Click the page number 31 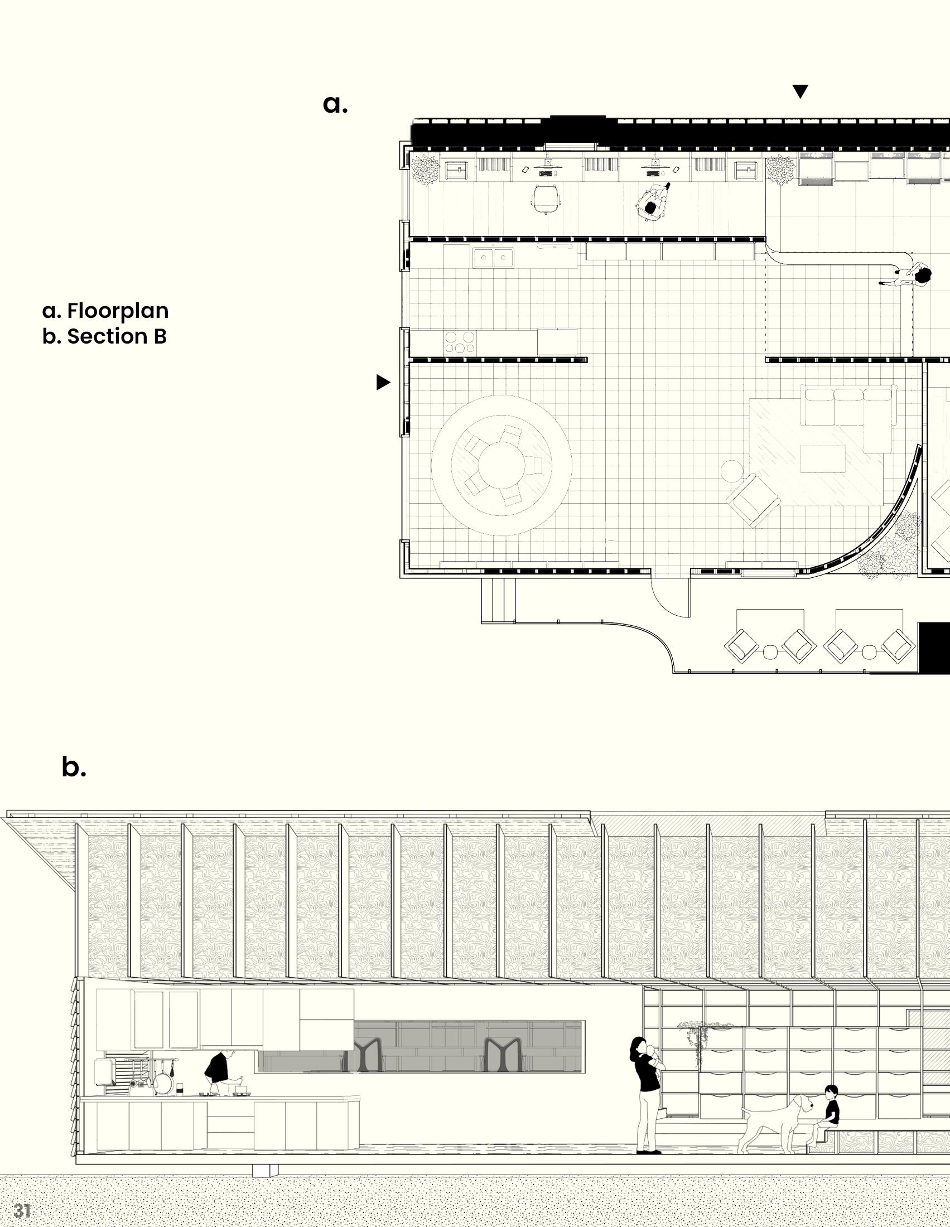22,1210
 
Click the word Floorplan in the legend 117,311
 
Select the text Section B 116,336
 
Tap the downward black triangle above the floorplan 800,91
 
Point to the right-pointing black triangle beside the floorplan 383,383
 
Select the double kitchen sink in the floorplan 493,258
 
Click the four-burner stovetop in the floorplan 460,342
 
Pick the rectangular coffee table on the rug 822,459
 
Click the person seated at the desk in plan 653,205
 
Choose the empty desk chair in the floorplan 546,199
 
